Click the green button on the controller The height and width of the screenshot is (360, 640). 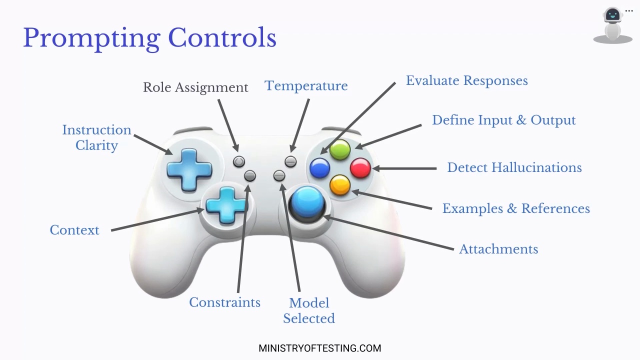340,149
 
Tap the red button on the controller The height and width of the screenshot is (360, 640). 360,168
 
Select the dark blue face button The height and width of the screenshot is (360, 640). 319,168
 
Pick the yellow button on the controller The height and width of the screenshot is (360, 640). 340,185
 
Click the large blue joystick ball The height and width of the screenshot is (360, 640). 307,202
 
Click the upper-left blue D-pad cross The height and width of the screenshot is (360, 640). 189,169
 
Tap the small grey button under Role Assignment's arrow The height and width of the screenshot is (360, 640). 239,161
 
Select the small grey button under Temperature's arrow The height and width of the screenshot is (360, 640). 290,161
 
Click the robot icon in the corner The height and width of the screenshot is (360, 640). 613,25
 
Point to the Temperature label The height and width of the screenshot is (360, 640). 306,86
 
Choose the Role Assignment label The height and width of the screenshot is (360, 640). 195,87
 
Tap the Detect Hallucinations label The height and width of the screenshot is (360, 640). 514,167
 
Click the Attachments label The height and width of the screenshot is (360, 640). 498,249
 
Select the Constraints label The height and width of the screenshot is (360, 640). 224,302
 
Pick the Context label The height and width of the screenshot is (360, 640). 74,230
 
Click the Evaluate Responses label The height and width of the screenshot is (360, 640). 467,81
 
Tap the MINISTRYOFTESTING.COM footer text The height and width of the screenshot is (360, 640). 319,348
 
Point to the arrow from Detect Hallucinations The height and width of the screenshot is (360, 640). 404,168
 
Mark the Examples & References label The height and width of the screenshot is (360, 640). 516,208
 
